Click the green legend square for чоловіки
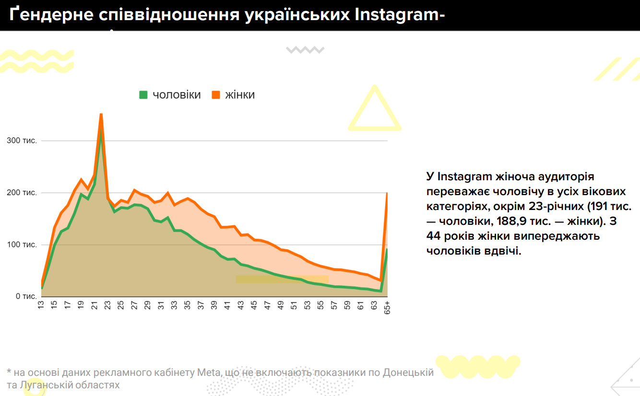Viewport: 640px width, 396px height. pos(143,95)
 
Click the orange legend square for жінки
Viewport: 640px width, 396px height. pos(215,95)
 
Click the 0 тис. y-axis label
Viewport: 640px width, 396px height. pos(24,296)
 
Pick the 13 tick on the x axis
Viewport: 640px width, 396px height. pos(41,305)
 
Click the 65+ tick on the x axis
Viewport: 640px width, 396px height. pos(387,307)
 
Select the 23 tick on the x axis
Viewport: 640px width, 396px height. pos(107,305)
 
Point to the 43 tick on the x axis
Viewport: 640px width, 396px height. pos(241,305)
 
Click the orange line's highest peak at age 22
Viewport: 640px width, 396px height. pos(101,114)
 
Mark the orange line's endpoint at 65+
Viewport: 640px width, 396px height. pos(387,193)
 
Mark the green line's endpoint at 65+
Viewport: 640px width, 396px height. pos(387,250)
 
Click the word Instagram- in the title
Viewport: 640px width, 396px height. pos(400,14)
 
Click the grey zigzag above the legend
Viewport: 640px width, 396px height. pos(305,49)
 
